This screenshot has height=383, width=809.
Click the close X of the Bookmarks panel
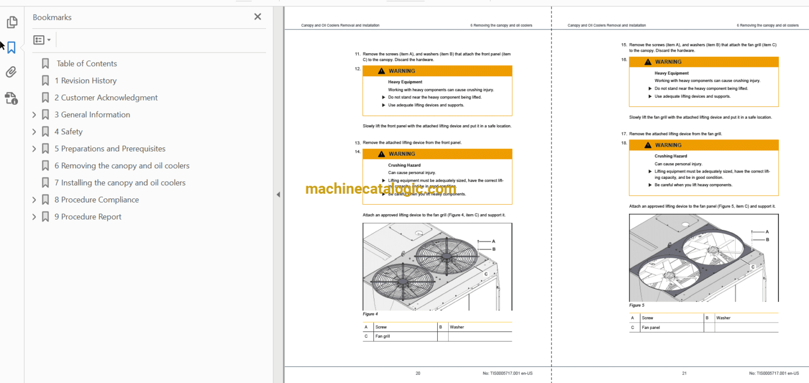tap(258, 17)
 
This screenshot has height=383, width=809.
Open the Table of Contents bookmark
tap(86, 64)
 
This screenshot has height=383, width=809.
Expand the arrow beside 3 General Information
tap(34, 115)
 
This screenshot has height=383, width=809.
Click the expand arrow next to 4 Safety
tap(34, 132)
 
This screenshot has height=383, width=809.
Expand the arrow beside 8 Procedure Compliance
tap(34, 200)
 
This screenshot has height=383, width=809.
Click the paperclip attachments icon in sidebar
tap(11, 72)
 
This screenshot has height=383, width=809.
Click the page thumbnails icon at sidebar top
tap(11, 22)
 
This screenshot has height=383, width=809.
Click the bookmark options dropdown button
tap(42, 40)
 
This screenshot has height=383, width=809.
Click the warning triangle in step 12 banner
tap(381, 71)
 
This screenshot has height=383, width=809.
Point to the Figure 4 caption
tap(370, 314)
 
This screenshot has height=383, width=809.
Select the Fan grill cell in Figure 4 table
tap(383, 336)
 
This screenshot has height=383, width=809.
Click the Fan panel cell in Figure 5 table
tap(650, 327)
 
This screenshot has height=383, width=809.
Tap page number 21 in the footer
tap(684, 373)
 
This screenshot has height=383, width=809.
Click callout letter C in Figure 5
tap(753, 267)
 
